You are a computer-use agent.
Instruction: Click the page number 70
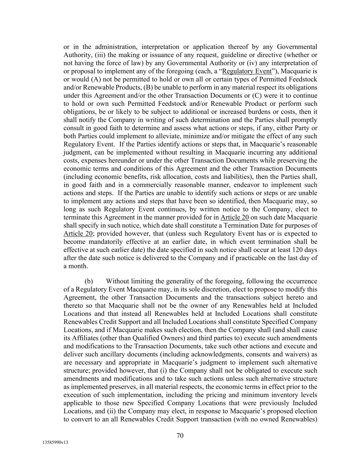click(180, 435)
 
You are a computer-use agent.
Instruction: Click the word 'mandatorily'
click(105, 242)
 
